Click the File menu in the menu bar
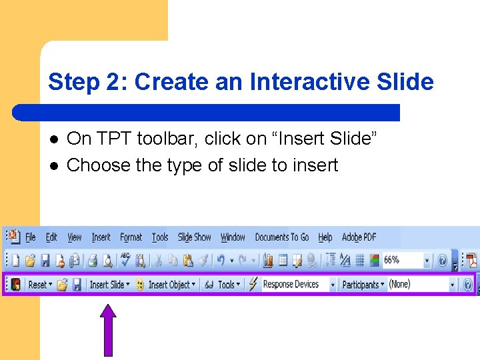pos(30,237)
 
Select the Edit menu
pos(51,237)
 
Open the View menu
pos(75,237)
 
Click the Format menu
pos(131,237)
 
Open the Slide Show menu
pos(194,237)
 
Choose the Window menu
pos(233,237)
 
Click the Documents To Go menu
pos(282,237)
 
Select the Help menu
pos(325,237)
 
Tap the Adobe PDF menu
pos(359,237)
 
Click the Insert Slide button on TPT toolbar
pos(109,285)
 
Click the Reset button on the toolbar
pos(39,285)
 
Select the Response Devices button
pos(291,285)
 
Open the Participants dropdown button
pos(362,285)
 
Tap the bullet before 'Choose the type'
pos(54,165)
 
